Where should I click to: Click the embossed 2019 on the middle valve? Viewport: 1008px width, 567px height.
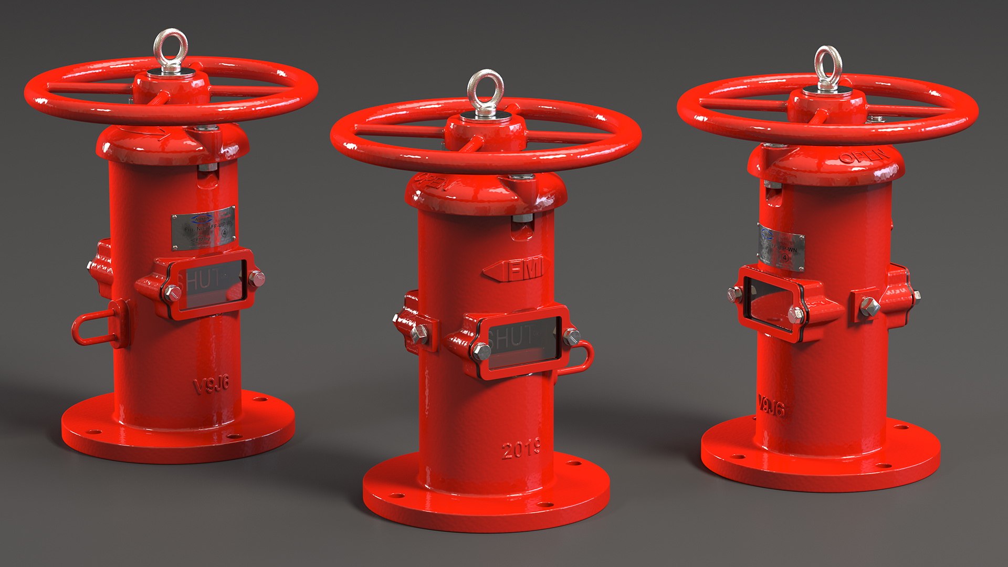click(521, 449)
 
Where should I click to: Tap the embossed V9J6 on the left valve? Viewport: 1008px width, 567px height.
click(212, 385)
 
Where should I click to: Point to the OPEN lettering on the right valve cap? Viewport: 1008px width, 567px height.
click(864, 156)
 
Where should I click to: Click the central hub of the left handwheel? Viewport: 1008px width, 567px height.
click(171, 86)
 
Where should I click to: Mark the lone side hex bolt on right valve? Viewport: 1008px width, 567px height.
click(869, 307)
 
